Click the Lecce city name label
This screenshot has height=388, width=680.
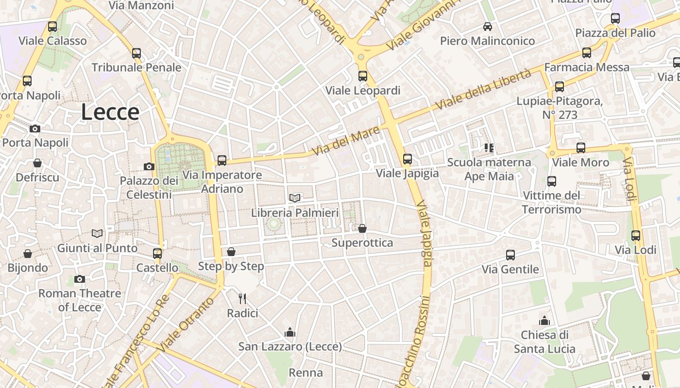[110, 112]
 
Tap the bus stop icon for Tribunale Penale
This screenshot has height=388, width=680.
[136, 53]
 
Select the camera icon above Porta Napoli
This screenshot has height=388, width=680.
[34, 129]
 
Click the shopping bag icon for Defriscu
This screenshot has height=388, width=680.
[37, 163]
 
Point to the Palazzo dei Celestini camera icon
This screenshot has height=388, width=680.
[149, 166]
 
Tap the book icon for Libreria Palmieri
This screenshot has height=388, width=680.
[295, 197]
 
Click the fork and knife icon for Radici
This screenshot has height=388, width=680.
[242, 299]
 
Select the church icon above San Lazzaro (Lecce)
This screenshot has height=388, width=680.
[290, 332]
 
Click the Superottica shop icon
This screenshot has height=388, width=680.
[362, 228]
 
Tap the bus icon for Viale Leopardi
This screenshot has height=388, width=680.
[363, 76]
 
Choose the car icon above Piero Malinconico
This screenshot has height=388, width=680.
[487, 27]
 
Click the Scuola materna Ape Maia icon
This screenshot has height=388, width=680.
[489, 147]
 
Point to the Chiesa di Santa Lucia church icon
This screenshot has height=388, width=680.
[544, 321]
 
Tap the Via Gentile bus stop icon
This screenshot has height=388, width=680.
[510, 255]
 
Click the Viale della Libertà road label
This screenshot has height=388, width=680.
[483, 90]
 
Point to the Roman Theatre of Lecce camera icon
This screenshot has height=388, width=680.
[80, 279]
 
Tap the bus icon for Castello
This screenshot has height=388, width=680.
[157, 253]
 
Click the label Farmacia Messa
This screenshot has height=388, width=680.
[587, 67]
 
